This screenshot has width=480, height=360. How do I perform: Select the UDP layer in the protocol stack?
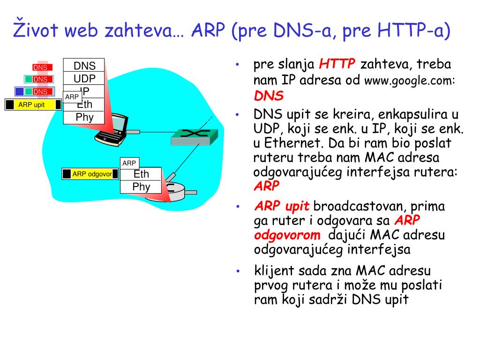[84, 78]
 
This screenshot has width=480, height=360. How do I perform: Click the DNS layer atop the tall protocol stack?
[84, 66]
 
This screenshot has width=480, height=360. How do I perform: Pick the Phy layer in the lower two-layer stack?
[141, 187]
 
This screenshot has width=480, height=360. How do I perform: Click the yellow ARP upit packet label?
[31, 105]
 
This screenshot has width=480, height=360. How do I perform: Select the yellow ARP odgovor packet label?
[92, 174]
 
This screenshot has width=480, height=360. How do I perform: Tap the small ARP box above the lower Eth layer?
[129, 163]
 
